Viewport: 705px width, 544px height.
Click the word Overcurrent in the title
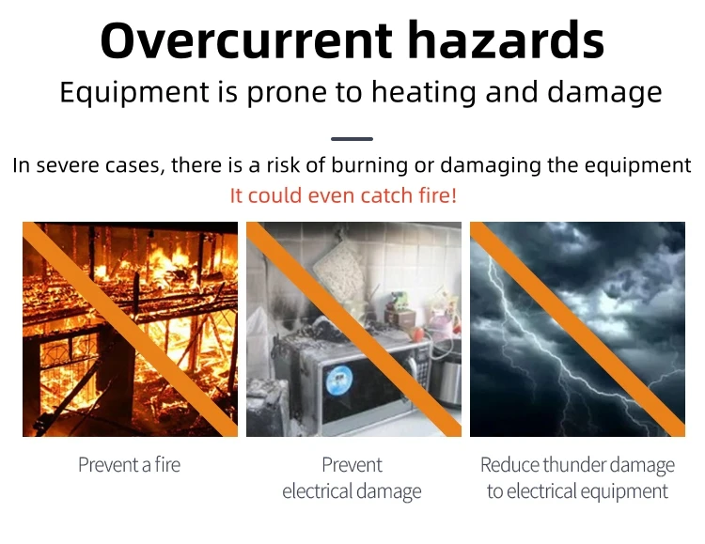pos(246,40)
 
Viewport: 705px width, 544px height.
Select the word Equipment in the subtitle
pos(134,94)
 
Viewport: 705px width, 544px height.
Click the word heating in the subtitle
pos(424,94)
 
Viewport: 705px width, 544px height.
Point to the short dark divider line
pos(352,139)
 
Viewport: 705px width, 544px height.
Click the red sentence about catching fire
pos(343,195)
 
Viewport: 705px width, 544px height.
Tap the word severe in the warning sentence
pos(70,165)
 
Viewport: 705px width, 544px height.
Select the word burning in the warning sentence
pos(370,165)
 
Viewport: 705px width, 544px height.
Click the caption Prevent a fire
pos(130,464)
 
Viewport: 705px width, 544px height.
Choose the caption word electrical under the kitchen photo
pos(318,490)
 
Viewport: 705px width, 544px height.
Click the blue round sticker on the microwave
pos(338,380)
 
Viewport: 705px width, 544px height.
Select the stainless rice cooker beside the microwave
pos(446,376)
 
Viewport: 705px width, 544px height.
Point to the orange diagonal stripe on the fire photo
pos(130,329)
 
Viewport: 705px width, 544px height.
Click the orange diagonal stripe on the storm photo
pos(577,329)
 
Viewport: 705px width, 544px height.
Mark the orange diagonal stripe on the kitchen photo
pos(353,329)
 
